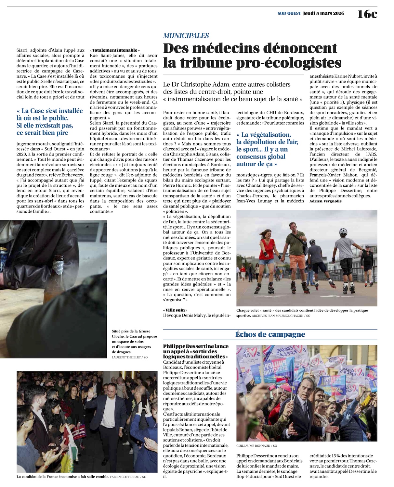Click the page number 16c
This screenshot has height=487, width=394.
[x=367, y=14]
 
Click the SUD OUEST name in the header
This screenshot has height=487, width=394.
[x=289, y=13]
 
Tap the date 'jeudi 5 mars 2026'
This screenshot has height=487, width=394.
[x=323, y=13]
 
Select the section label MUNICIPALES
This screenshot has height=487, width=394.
[x=186, y=36]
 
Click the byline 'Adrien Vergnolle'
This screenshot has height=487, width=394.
[x=325, y=201]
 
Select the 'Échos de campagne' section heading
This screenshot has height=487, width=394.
[x=270, y=334]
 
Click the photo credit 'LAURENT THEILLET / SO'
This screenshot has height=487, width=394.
[x=129, y=357]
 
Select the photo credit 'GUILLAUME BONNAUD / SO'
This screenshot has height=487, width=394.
[x=257, y=446]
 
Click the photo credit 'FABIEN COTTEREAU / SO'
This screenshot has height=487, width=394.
[x=128, y=477]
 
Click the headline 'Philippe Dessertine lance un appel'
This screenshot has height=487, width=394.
[x=196, y=351]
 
